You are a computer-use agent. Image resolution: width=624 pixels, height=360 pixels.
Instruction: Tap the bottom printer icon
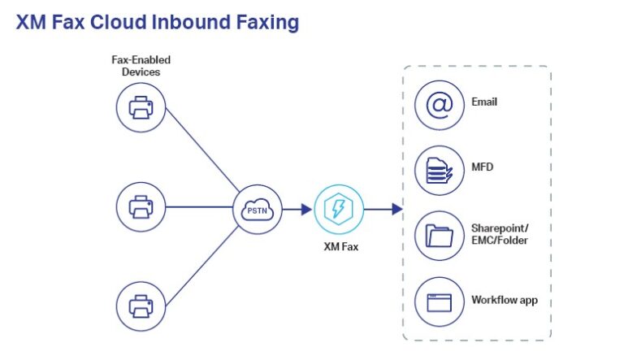click(141, 305)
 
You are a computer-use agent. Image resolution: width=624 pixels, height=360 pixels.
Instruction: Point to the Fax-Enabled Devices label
click(141, 66)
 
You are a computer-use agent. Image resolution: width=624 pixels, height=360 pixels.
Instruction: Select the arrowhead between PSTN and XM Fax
click(305, 209)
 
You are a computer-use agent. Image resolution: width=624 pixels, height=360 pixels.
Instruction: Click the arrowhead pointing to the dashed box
click(396, 209)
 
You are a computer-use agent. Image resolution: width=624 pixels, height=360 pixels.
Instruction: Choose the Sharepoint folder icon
click(440, 236)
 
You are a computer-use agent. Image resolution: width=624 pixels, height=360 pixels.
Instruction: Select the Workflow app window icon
click(440, 301)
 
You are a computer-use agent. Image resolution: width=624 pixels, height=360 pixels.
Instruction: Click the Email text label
click(484, 102)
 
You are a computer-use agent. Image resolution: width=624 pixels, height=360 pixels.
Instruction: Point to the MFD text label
click(483, 167)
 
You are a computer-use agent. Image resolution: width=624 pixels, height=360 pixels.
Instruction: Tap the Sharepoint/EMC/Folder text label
click(500, 234)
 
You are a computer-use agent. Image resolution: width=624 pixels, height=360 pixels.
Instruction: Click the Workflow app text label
click(505, 300)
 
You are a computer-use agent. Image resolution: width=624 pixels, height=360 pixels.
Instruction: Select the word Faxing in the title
click(266, 22)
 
